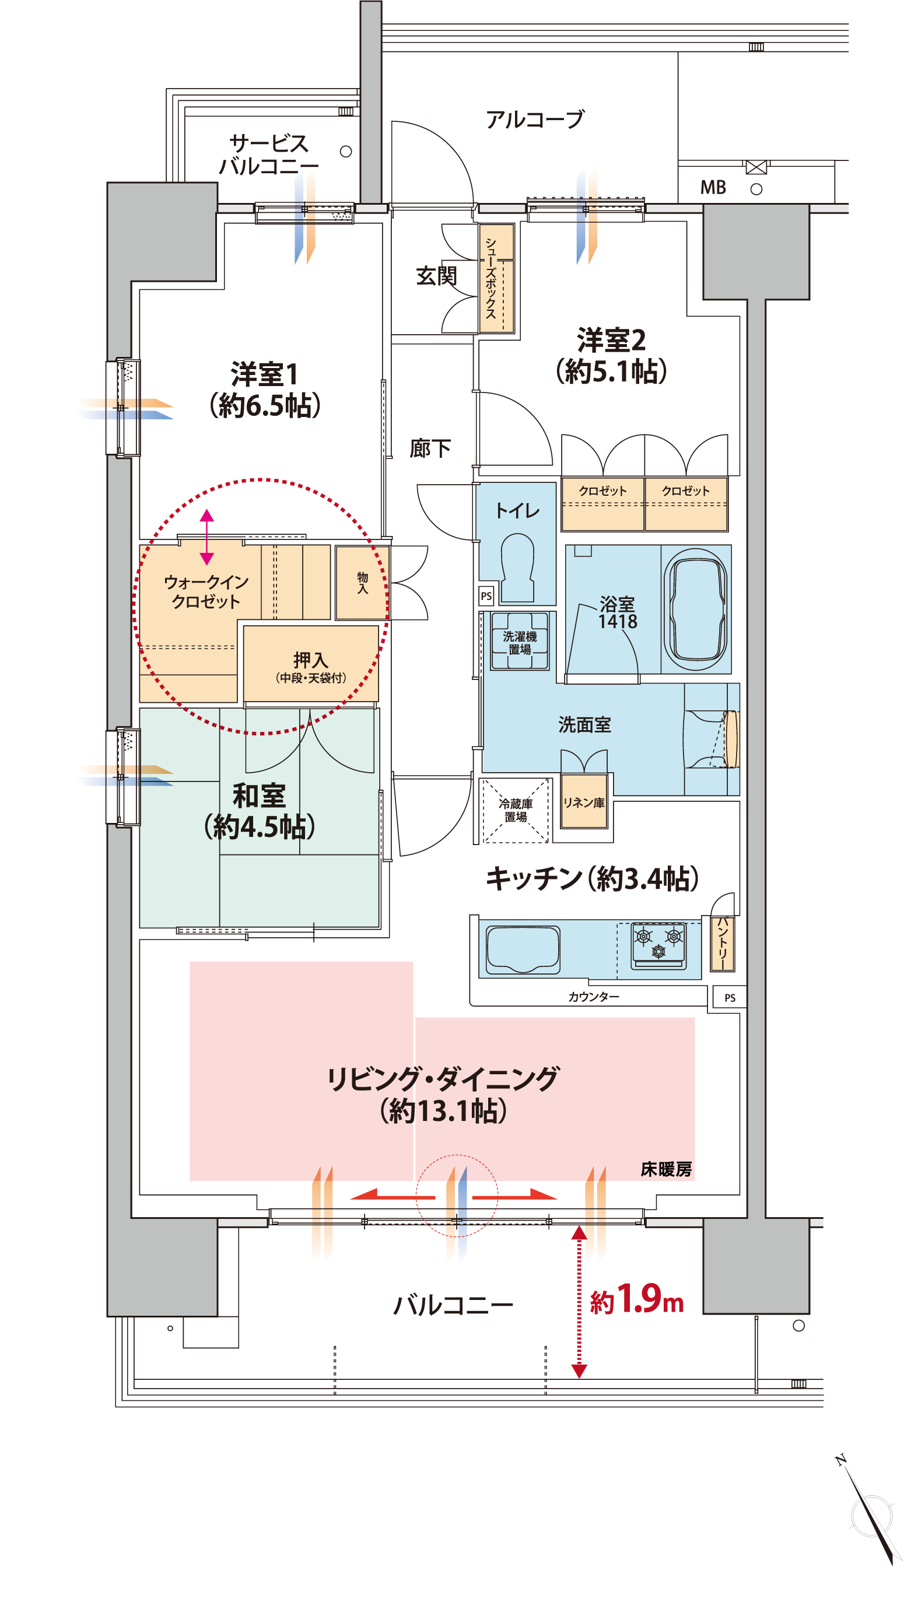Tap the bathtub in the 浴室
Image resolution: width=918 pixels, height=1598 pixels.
point(696,609)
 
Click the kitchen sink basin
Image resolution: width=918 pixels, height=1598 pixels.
point(523,949)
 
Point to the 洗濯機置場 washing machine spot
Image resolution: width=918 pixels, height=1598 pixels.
point(520,641)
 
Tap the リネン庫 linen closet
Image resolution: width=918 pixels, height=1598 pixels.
point(584,801)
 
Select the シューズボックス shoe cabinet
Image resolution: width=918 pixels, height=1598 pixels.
point(496,278)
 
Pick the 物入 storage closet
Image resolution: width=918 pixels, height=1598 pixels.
point(362,583)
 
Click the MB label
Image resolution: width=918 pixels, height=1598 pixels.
point(713,187)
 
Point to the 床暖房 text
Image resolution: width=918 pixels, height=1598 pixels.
point(666,1170)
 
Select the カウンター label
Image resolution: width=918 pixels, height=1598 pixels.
point(593,997)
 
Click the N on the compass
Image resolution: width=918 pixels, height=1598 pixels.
point(840,1460)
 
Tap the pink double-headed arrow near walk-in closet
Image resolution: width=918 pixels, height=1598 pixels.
point(207,537)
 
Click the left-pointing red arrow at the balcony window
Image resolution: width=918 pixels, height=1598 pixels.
point(392,1194)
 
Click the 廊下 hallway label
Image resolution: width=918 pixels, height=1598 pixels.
point(430,449)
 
